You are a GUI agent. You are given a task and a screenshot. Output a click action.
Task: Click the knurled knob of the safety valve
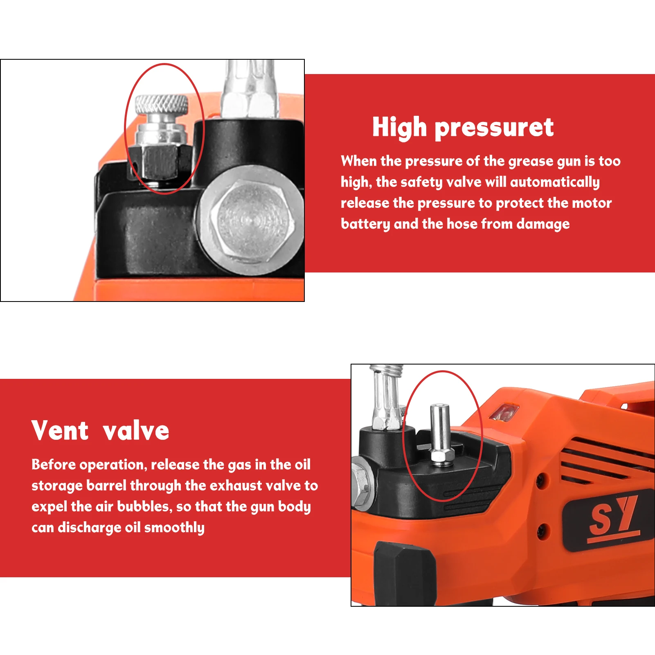tap(162, 105)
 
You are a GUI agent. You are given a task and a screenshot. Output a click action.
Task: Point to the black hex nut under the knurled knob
tap(160, 162)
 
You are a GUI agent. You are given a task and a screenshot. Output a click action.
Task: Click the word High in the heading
tap(400, 127)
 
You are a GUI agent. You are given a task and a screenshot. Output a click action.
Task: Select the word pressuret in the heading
tap(494, 128)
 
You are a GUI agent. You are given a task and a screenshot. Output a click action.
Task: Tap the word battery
tap(365, 224)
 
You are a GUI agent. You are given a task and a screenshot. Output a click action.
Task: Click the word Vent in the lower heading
tap(60, 430)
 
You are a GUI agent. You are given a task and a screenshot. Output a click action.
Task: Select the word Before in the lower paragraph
tap(54, 464)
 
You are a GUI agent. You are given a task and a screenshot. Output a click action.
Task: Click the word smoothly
tap(174, 528)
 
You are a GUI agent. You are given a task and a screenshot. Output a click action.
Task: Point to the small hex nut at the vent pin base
tap(441, 457)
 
